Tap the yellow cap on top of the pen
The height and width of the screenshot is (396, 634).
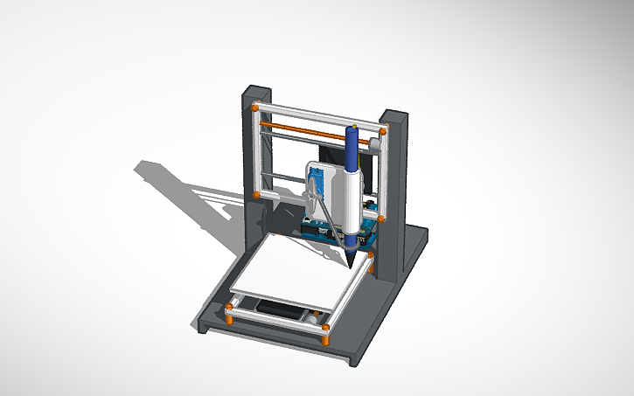click(353, 128)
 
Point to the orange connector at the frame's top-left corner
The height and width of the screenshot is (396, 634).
click(254, 108)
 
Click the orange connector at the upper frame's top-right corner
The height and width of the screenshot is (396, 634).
click(382, 131)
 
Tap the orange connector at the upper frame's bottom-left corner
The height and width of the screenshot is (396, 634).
click(254, 193)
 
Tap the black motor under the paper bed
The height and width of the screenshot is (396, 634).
click(280, 309)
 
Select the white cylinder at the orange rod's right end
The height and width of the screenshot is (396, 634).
click(373, 141)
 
